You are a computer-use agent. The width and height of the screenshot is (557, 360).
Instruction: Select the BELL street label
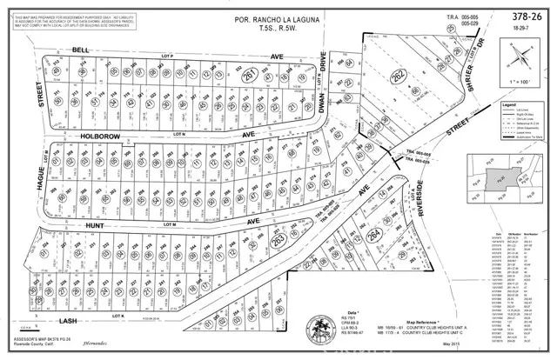click(82, 50)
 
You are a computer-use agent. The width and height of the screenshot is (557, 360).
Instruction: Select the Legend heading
click(506, 103)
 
